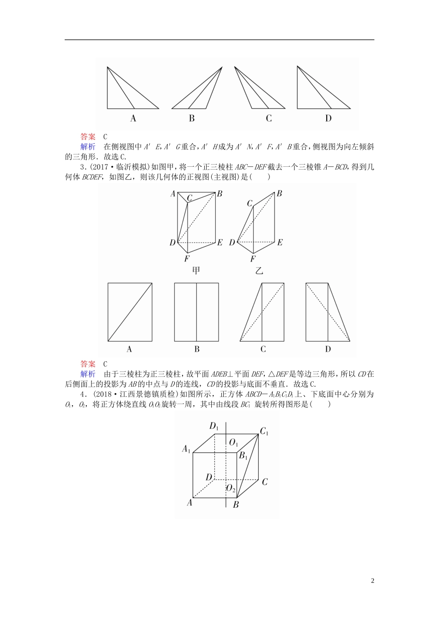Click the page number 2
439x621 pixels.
372,581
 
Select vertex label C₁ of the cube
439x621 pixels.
264,432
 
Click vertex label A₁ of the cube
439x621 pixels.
186,449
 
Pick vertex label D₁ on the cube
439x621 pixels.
214,426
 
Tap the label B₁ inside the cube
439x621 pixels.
243,456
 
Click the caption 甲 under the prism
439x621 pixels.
196,270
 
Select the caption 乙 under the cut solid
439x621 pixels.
259,270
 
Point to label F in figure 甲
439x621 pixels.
186,259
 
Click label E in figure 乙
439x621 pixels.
280,242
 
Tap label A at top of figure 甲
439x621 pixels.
173,194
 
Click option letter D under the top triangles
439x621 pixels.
328,119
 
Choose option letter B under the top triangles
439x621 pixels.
192,119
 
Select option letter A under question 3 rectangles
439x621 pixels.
129,349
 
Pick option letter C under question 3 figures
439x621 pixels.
263,349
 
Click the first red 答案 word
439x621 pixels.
88,137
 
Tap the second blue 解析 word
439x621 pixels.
88,374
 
